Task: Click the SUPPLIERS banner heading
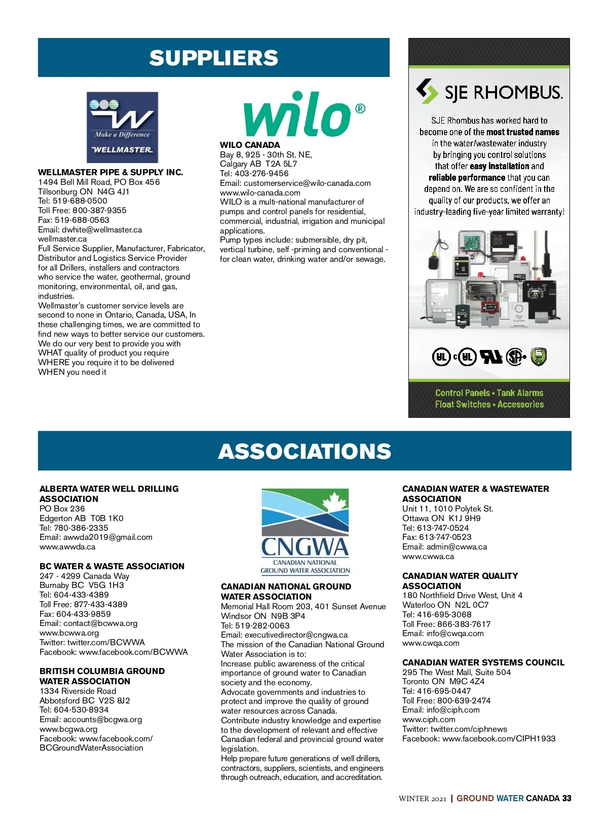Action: (213, 58)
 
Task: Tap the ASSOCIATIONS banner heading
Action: (305, 451)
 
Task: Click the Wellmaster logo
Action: (122, 127)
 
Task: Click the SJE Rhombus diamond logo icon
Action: (427, 92)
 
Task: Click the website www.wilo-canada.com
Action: (260, 192)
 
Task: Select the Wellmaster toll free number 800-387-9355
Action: (99, 210)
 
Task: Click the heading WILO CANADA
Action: (250, 145)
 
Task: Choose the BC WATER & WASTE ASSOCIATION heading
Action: (112, 566)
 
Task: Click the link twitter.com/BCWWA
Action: (106, 642)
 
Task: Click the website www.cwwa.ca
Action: (428, 557)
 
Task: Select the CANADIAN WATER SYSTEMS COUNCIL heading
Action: (483, 662)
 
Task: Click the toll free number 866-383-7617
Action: (464, 624)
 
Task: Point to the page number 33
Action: (566, 798)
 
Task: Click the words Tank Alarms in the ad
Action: (520, 393)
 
